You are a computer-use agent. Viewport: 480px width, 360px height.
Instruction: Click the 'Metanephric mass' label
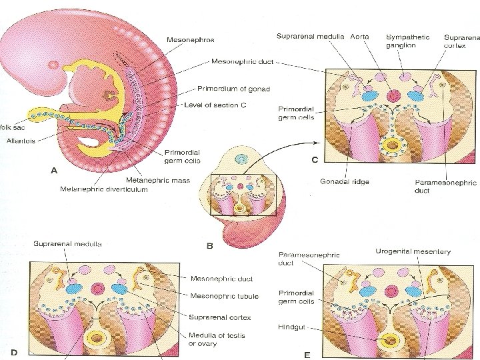pos(158,180)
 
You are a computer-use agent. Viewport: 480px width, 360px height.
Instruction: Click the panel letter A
pos(55,170)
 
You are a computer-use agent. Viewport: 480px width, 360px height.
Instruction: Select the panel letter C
pos(314,159)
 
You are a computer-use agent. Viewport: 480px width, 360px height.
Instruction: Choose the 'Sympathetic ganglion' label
pos(408,41)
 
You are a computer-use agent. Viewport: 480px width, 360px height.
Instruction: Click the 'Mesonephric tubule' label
pos(225,296)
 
